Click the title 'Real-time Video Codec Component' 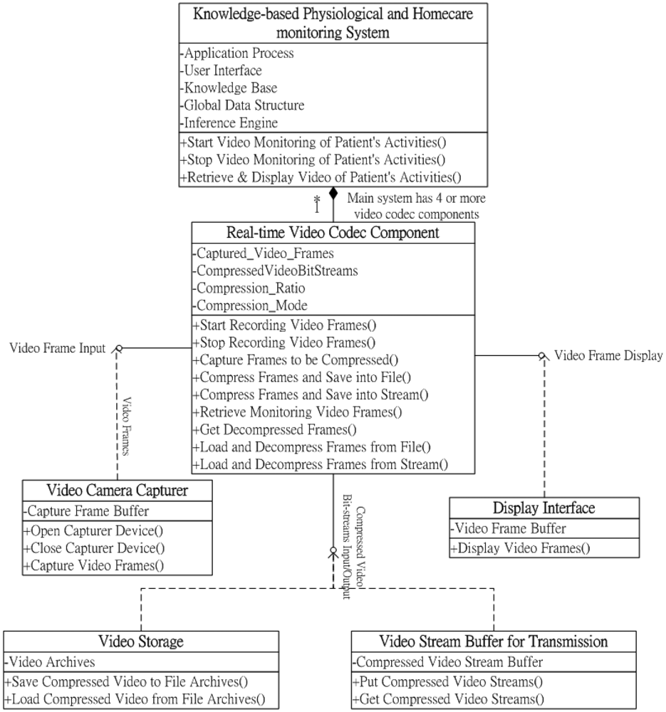click(333, 233)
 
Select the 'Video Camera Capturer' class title click(118, 491)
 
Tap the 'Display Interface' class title click(544, 508)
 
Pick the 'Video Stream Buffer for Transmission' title click(494, 642)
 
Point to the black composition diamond click(333, 194)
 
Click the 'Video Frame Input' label click(57, 348)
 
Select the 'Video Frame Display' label click(608, 355)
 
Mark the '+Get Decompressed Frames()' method click(274, 429)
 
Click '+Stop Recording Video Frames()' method click(283, 342)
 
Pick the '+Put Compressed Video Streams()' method click(447, 681)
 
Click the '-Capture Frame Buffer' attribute click(86, 511)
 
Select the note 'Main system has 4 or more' click(417, 199)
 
